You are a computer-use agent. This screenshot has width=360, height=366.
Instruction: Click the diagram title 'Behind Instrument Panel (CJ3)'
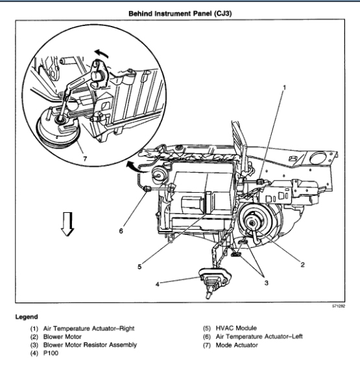click(180, 14)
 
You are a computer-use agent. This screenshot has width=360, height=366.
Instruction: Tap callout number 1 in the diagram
click(284, 88)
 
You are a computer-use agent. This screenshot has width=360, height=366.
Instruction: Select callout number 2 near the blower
click(302, 265)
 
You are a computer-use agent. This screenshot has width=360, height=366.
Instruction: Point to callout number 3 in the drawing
click(266, 283)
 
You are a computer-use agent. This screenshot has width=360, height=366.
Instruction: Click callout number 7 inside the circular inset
click(85, 159)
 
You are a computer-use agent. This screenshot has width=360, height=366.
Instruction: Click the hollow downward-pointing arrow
click(67, 224)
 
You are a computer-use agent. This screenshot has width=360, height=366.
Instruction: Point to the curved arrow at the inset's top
click(102, 53)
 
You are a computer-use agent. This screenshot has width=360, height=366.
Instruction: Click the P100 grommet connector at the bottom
click(215, 281)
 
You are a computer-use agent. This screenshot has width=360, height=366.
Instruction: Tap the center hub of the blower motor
click(252, 223)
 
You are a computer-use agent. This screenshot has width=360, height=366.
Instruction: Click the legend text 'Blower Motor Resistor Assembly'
click(90, 345)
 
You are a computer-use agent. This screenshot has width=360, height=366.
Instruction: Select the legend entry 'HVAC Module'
click(236, 328)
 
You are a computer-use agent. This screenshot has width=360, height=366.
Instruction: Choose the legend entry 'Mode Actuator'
click(237, 345)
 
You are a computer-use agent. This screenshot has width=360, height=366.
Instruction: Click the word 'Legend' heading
click(27, 317)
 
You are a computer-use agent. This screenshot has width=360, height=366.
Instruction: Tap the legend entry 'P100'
click(51, 353)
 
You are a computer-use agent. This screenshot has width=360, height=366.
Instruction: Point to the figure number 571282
click(339, 306)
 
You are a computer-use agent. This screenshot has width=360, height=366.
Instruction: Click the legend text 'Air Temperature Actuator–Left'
click(259, 337)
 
